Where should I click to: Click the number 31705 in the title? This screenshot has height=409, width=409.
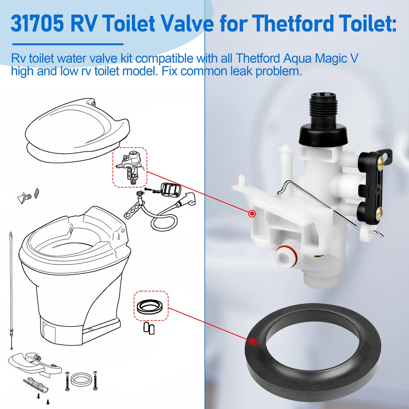37,24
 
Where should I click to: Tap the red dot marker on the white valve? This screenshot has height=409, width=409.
252,214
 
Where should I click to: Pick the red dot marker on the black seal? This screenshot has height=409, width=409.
253,342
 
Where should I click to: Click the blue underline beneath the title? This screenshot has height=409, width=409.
68,44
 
